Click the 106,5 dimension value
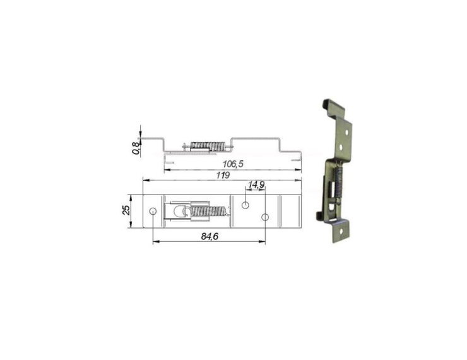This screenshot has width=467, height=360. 233,164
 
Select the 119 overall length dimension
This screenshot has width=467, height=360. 222,176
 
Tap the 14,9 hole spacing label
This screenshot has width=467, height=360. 256,185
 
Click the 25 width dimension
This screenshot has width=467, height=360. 126,210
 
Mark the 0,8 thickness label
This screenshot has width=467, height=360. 135,148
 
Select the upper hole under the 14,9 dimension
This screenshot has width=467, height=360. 246,204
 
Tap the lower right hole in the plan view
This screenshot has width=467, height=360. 265,217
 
